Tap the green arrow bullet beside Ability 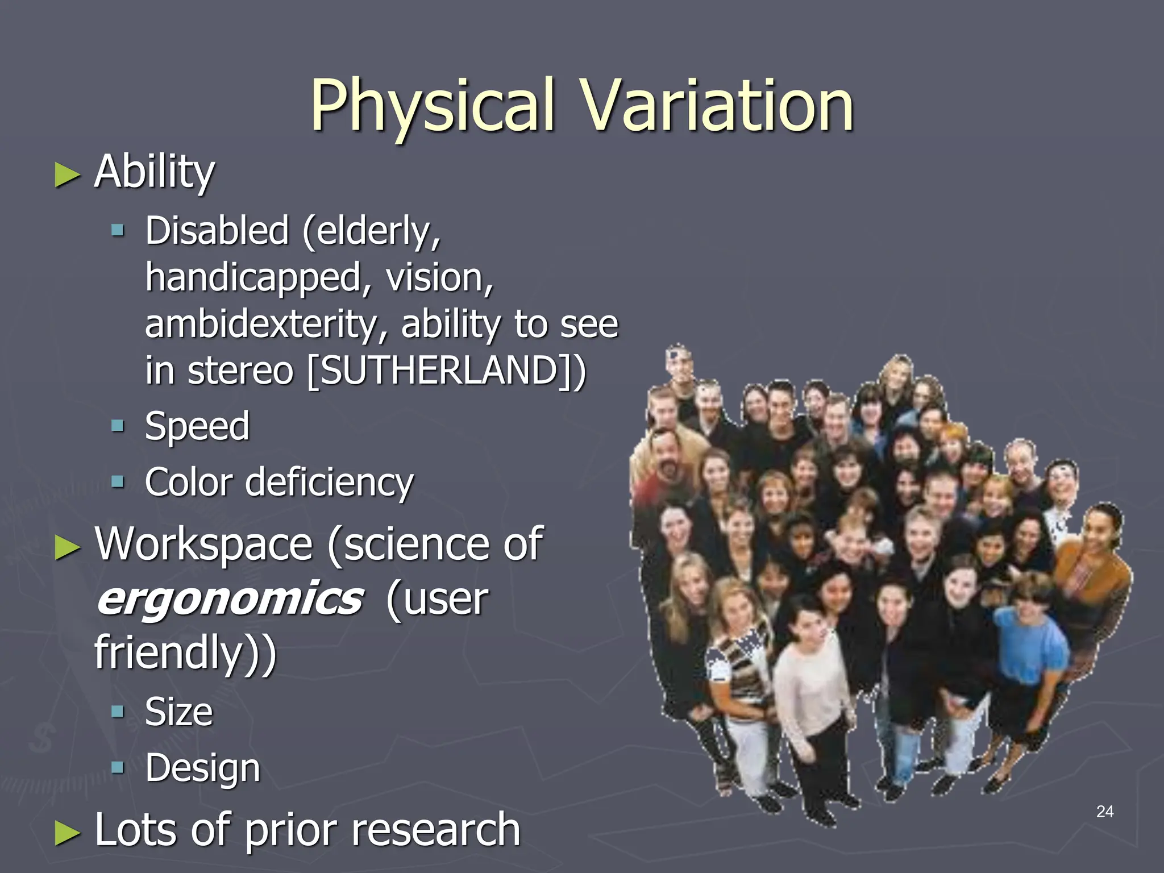click(68, 175)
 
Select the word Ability click(155, 172)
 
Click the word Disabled click(217, 231)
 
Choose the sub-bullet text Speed click(197, 426)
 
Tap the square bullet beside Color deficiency click(118, 482)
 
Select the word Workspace click(203, 544)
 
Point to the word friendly click(169, 652)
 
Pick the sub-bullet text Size click(178, 712)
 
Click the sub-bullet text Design click(202, 768)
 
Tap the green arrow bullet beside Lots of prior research click(68, 833)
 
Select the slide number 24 click(1104, 812)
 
